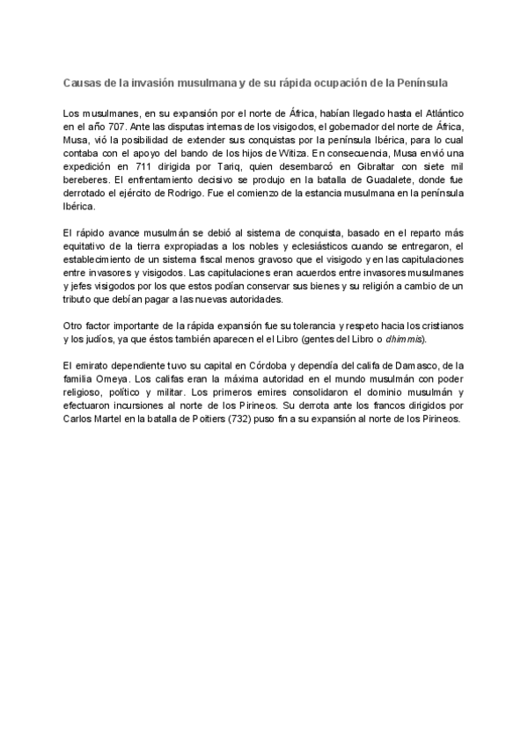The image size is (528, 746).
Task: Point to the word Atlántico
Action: (440, 114)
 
